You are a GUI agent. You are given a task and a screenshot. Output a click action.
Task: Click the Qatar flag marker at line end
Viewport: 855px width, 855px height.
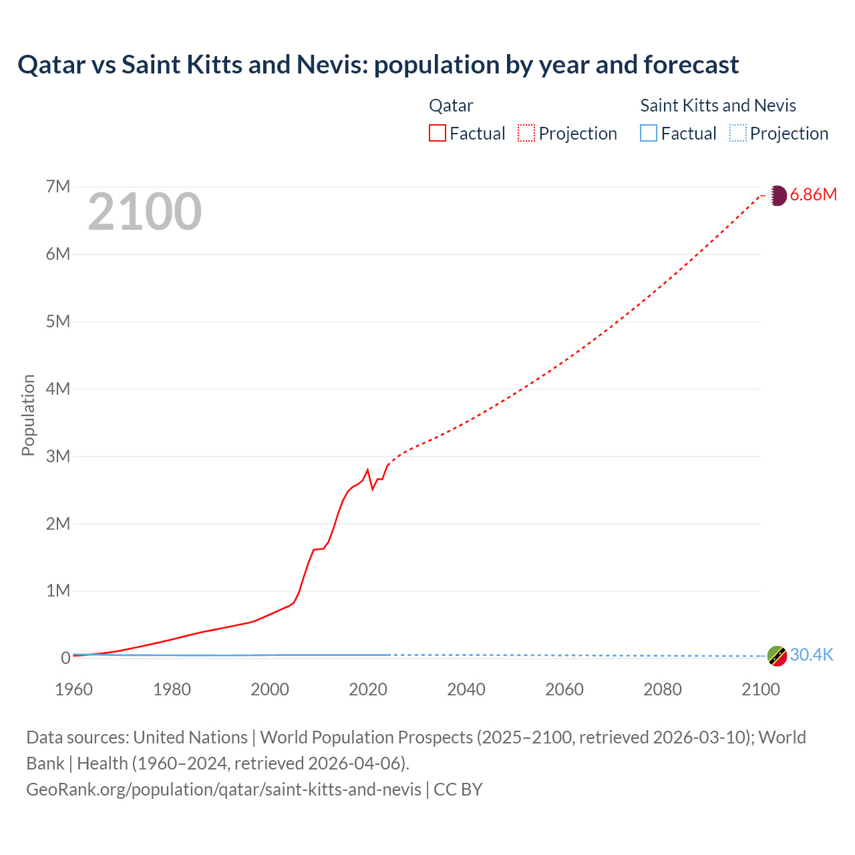[x=777, y=195]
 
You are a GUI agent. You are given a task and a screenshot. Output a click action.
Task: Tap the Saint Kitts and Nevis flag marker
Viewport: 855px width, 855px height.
[x=777, y=656]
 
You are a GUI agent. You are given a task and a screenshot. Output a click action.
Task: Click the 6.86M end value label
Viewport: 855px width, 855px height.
[x=813, y=195]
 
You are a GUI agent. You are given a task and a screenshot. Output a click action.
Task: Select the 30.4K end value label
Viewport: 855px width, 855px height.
[x=812, y=655]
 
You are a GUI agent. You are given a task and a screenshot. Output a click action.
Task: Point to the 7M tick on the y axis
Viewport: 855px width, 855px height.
[x=58, y=186]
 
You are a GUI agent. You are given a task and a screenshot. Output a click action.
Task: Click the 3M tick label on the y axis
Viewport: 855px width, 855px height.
[x=58, y=456]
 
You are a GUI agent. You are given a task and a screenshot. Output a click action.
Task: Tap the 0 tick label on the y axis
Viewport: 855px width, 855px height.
[x=65, y=659]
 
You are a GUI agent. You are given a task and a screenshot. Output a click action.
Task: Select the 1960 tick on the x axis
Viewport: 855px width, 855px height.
[x=74, y=689]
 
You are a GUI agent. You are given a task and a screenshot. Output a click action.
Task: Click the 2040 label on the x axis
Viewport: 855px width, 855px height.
[x=466, y=689]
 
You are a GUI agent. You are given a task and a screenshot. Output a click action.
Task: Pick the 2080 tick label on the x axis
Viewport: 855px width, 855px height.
[x=663, y=689]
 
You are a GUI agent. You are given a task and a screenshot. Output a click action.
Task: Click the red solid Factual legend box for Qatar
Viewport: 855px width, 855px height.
[x=438, y=134]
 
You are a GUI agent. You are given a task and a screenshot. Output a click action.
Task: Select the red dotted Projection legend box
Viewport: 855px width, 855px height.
[x=526, y=134]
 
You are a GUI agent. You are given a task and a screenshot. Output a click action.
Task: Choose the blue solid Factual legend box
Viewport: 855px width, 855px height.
[x=649, y=134]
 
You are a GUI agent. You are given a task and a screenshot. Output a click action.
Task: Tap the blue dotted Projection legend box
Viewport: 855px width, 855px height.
[x=737, y=134]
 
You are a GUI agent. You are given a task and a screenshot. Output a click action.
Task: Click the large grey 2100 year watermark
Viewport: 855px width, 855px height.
[x=144, y=212]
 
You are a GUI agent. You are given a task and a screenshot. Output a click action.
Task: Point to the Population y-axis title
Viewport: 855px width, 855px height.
[x=28, y=415]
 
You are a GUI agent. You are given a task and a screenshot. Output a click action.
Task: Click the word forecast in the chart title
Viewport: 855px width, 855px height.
[x=691, y=65]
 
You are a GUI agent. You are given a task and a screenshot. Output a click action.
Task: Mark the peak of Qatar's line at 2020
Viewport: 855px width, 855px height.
[x=367, y=470]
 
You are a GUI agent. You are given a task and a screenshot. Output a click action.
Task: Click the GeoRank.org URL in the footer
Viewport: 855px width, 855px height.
[x=224, y=790]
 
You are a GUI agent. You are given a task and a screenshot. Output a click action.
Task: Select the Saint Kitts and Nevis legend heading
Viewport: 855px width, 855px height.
[x=718, y=106]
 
